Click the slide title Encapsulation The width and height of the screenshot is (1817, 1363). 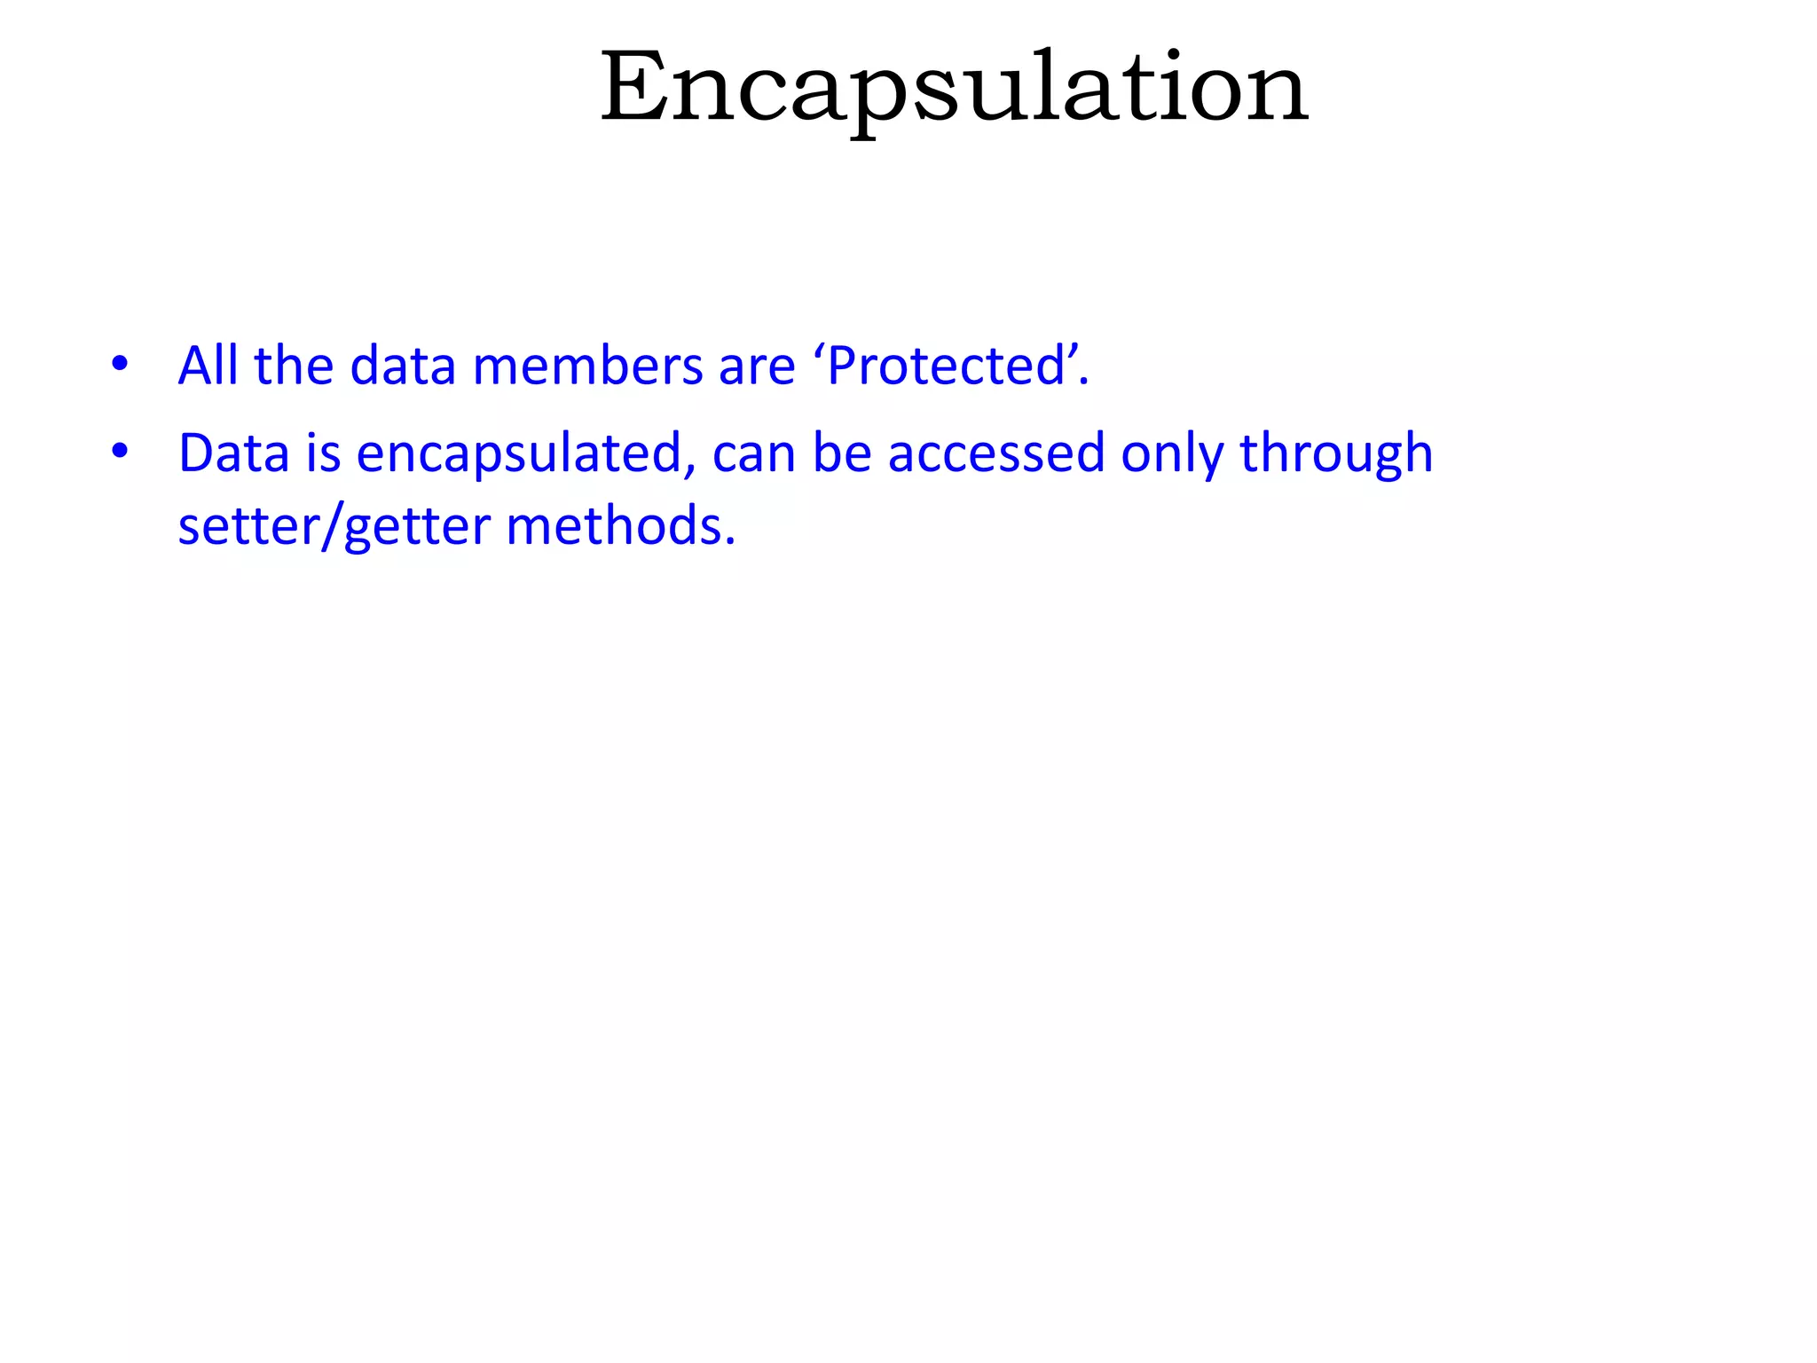(954, 89)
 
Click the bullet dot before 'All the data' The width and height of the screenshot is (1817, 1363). (120, 363)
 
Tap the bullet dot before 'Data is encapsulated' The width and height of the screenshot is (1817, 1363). (120, 451)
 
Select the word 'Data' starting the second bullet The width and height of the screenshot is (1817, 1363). (234, 453)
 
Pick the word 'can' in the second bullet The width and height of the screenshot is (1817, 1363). (753, 453)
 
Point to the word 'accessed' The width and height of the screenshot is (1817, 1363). (996, 453)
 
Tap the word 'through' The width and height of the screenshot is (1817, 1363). (1335, 453)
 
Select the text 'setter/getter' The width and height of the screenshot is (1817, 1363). (334, 525)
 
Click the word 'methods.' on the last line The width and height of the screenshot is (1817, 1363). (621, 525)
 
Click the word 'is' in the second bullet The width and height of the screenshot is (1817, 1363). (323, 453)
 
